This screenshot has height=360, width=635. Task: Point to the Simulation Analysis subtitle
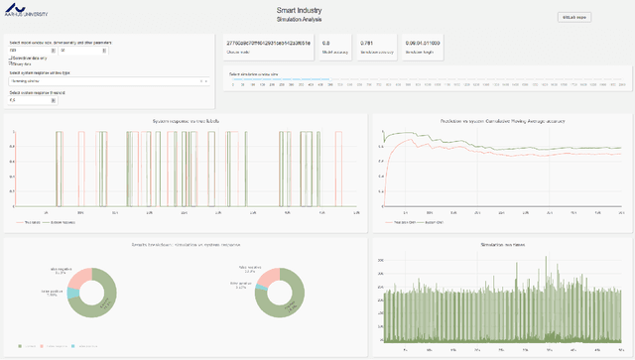317,20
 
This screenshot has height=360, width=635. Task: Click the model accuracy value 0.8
327,44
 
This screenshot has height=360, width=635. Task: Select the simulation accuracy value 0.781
366,44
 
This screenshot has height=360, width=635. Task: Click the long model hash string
269,44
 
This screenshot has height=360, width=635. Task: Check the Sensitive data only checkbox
11,59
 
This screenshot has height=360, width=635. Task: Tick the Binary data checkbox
11,63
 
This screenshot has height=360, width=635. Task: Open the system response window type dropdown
108,81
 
